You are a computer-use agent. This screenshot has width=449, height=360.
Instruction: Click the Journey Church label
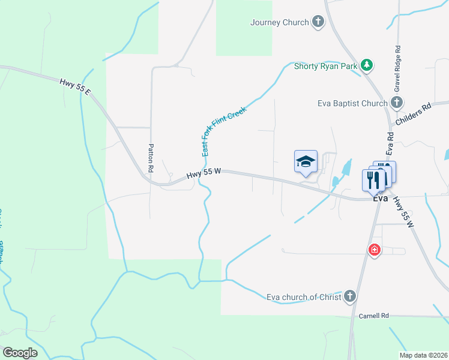tap(279, 23)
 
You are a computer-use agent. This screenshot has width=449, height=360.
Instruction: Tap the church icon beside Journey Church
tap(318, 23)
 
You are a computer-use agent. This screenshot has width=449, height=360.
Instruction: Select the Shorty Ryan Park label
tap(325, 66)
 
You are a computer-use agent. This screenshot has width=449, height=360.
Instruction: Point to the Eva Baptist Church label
tap(352, 103)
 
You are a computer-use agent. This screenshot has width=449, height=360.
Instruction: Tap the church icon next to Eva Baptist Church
tap(397, 103)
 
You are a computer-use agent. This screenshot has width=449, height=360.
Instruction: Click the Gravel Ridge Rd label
tap(397, 68)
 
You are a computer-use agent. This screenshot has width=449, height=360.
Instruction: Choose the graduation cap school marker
tap(306, 161)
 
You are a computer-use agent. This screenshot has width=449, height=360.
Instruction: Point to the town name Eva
tap(379, 199)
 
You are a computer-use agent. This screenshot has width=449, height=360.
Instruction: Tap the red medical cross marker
tap(375, 250)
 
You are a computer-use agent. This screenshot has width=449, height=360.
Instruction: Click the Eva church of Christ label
tap(304, 296)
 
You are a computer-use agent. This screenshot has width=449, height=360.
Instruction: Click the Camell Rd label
tap(373, 315)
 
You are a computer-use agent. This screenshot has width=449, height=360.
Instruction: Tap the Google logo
tap(20, 353)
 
